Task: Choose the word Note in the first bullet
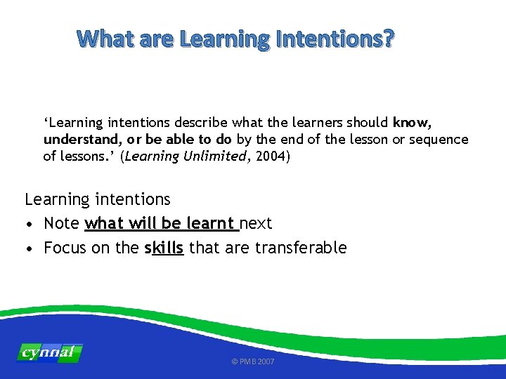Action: coord(61,223)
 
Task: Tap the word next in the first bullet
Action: coord(256,223)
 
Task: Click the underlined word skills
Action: coord(164,247)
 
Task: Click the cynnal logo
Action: coord(50,352)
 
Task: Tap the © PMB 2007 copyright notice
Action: coord(253,361)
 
